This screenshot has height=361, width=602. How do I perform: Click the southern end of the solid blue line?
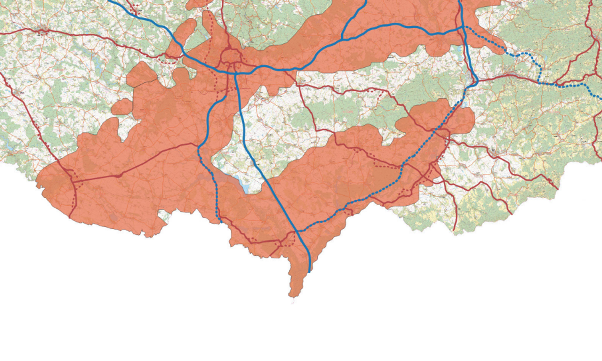309,272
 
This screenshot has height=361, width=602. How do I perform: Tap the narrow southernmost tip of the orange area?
292,296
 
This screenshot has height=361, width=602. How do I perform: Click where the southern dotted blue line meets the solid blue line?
298,231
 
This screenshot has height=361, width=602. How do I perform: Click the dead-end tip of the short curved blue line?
225,96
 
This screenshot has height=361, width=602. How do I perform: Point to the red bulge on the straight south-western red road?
118,176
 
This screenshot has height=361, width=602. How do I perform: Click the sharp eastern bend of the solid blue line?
476,82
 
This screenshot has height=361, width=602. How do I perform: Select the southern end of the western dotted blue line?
221,222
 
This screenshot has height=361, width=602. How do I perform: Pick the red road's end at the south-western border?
69,217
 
